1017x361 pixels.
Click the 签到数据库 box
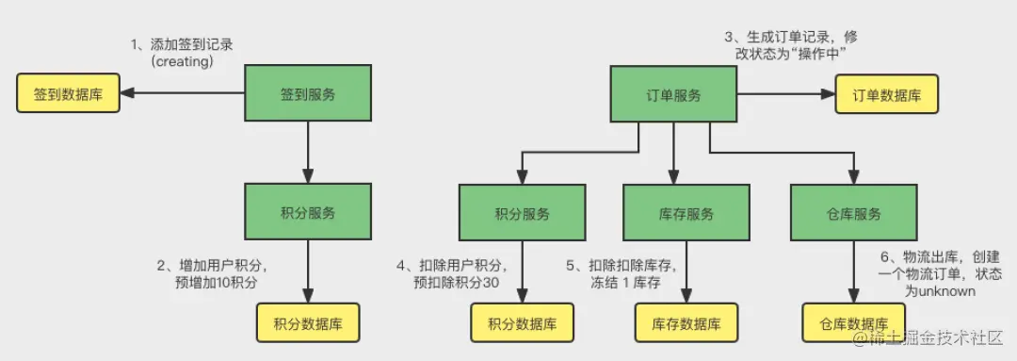tap(68, 94)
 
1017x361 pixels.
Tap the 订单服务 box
tap(672, 95)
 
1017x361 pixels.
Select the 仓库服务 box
tap(853, 213)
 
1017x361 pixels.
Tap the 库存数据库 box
tap(686, 323)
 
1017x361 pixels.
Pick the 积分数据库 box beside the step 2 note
tap(308, 323)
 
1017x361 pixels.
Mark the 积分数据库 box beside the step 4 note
tap(522, 323)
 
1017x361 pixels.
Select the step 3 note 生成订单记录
tap(791, 37)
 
